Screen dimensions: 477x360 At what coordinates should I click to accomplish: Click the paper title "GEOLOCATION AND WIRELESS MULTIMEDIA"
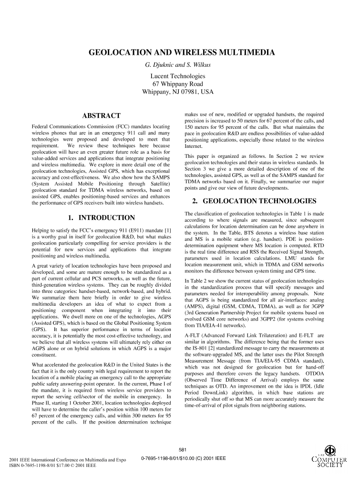pyautogui.click(x=180, y=52)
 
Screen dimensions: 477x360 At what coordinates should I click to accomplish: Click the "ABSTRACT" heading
pyautogui.click(x=101, y=115)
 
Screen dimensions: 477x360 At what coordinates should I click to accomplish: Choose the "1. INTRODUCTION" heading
pyautogui.click(x=101, y=218)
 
